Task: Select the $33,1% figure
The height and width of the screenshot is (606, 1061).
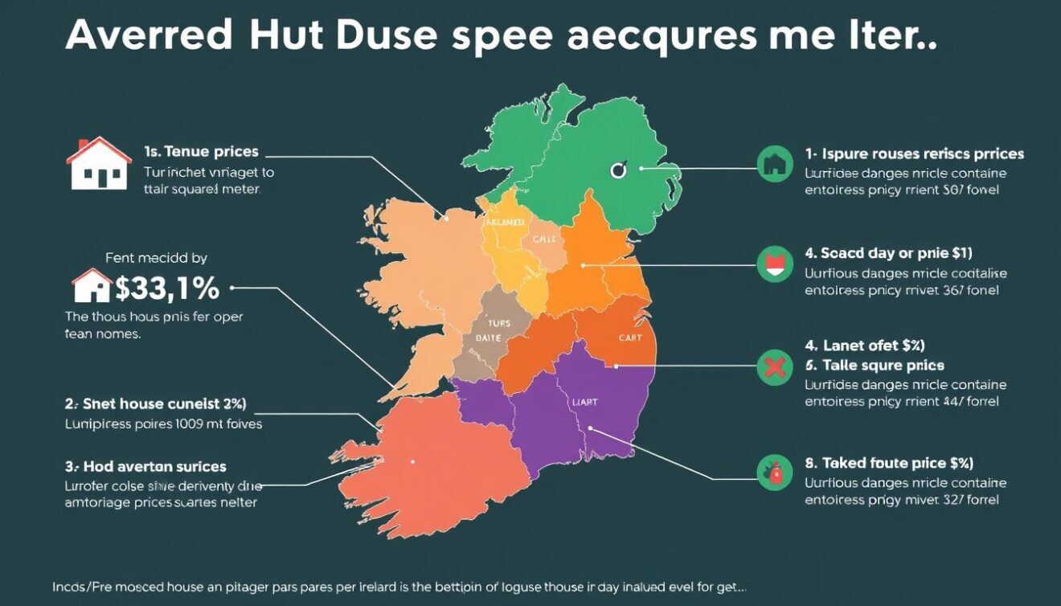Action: (x=168, y=287)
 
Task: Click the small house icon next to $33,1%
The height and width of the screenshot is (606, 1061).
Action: (x=92, y=285)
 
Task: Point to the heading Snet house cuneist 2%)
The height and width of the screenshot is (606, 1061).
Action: (x=155, y=403)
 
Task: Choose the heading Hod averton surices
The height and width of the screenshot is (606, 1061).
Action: (x=145, y=466)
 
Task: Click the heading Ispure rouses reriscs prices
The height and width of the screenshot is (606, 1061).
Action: (x=914, y=154)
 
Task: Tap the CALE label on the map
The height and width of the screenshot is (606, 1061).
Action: (x=543, y=240)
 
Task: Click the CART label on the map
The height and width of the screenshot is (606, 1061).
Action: (x=630, y=338)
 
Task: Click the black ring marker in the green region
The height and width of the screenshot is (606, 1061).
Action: (x=617, y=170)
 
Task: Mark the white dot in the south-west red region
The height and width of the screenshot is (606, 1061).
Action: (x=412, y=462)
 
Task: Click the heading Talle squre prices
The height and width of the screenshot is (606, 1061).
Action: (x=883, y=365)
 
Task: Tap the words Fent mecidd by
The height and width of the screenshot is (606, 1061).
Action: (x=157, y=258)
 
